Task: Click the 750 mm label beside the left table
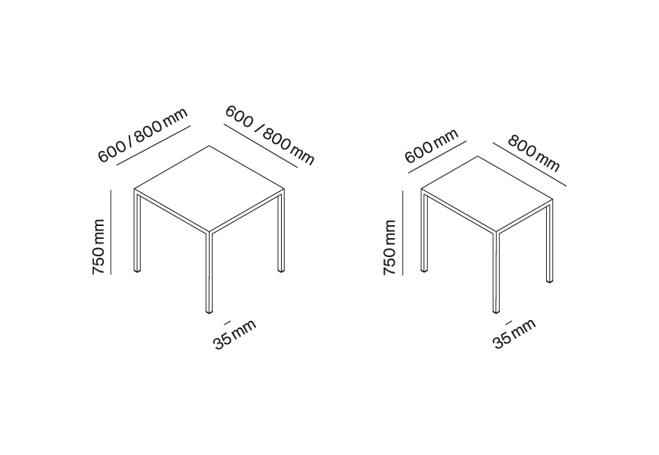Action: pyautogui.click(x=98, y=246)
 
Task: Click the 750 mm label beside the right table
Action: pyautogui.click(x=389, y=247)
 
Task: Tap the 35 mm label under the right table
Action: pyautogui.click(x=514, y=334)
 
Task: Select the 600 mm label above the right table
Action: pyautogui.click(x=431, y=146)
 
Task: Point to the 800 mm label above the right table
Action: pyautogui.click(x=534, y=153)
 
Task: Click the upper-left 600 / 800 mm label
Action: pyautogui.click(x=142, y=135)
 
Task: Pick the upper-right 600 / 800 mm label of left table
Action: pyautogui.click(x=270, y=135)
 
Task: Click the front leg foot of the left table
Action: pyautogui.click(x=209, y=312)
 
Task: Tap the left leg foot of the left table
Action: pyautogui.click(x=137, y=271)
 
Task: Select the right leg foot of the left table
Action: pyautogui.click(x=281, y=270)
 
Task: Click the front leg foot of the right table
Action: pyautogui.click(x=496, y=312)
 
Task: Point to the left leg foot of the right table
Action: pyautogui.click(x=424, y=270)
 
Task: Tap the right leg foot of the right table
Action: pyautogui.click(x=549, y=281)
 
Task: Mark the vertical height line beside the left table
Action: pyautogui.click(x=111, y=232)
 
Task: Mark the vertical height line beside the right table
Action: pyautogui.click(x=403, y=233)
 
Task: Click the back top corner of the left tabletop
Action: pyautogui.click(x=209, y=146)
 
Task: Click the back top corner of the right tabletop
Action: pyautogui.click(x=478, y=156)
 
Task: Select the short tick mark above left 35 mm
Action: pyautogui.click(x=227, y=323)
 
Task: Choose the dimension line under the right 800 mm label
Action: pyautogui.click(x=529, y=164)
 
